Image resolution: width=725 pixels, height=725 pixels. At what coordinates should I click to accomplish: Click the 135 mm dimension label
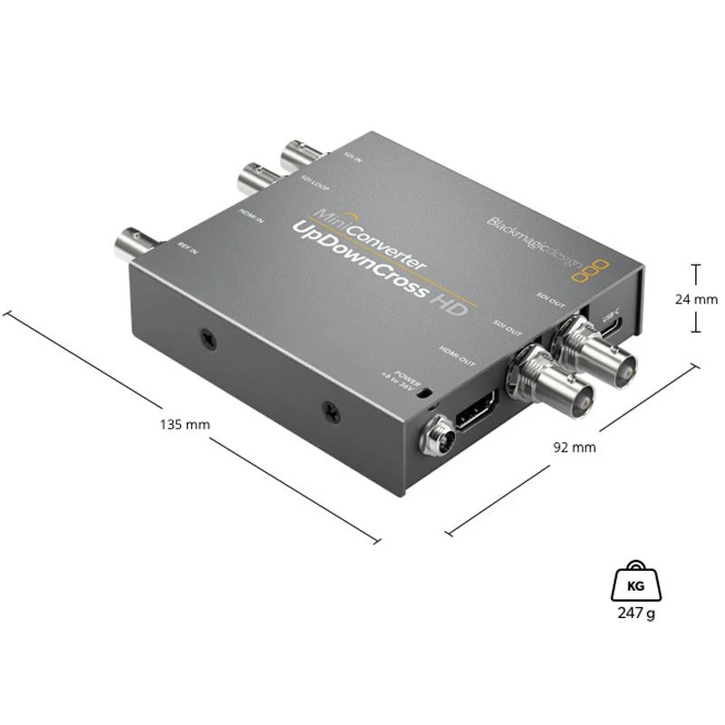point(184,423)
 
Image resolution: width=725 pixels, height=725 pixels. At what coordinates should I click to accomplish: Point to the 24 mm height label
point(695,298)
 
